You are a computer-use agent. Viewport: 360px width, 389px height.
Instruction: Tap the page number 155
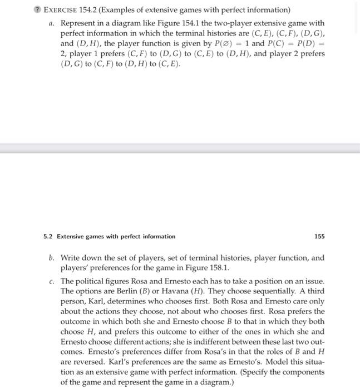[x=319, y=236]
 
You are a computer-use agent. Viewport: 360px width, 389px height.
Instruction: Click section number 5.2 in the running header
[x=48, y=236]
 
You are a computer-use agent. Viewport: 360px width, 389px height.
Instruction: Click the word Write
[x=71, y=258]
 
